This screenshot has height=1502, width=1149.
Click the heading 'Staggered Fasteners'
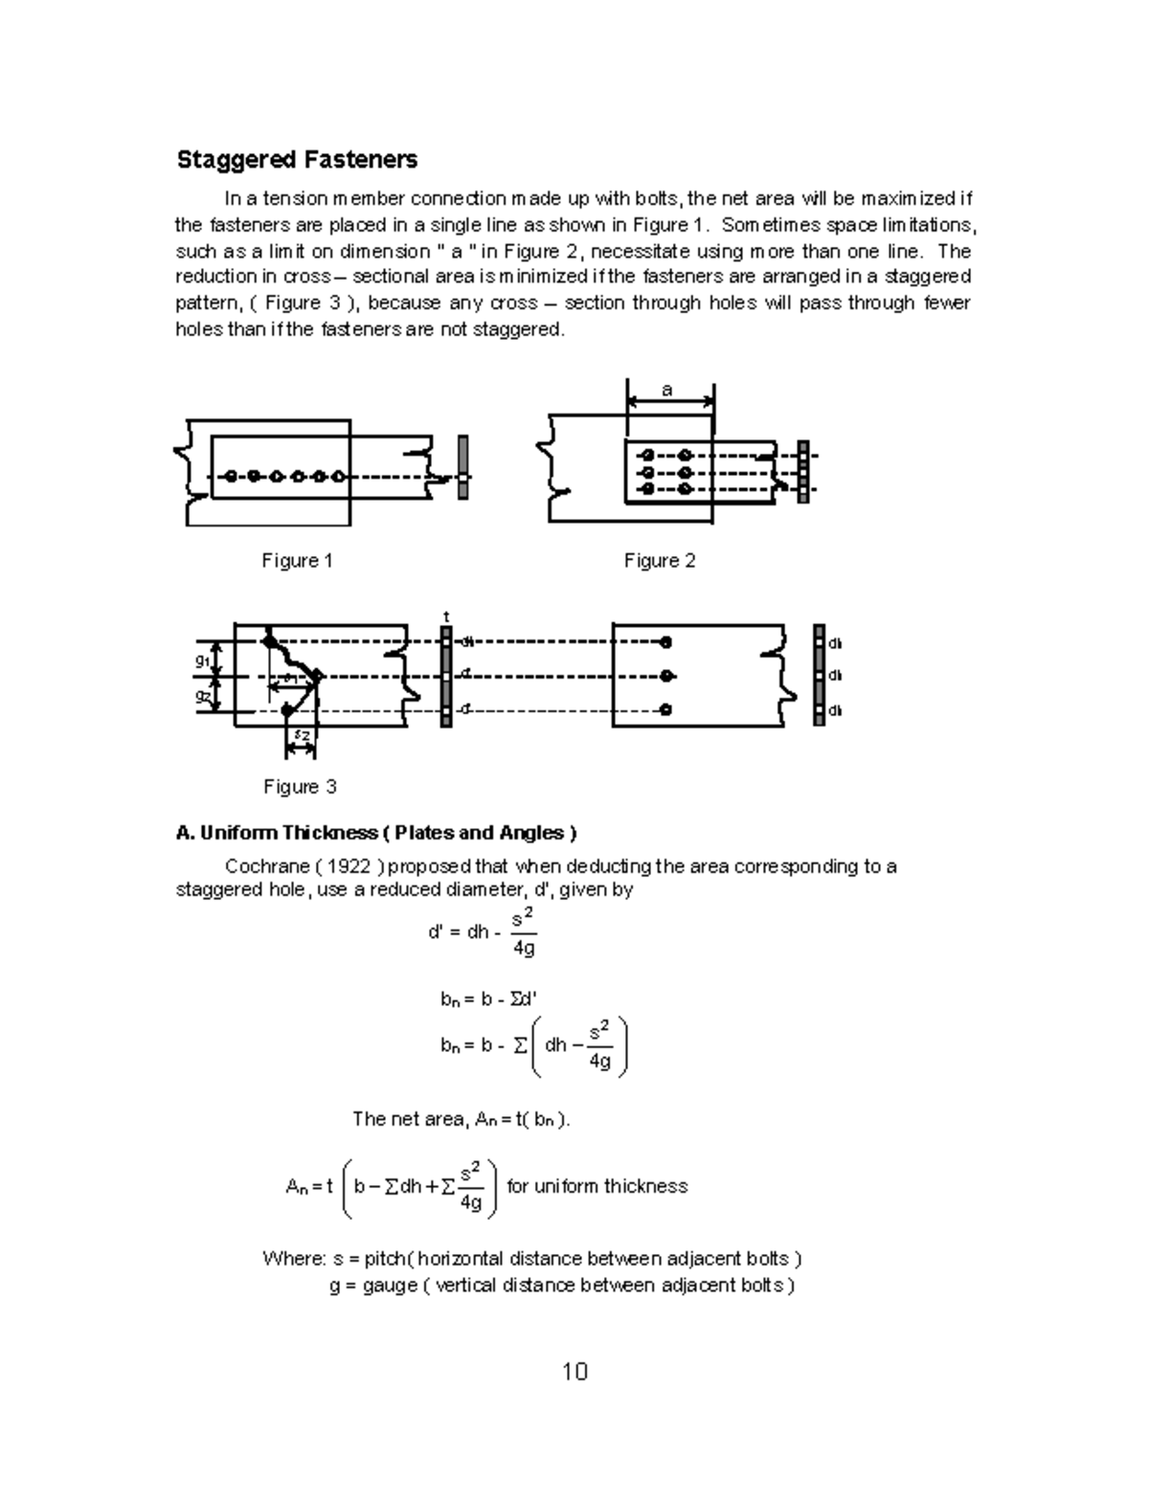coord(297,160)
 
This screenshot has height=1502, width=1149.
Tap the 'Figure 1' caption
coord(297,561)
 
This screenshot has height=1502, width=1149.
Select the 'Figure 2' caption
coord(660,561)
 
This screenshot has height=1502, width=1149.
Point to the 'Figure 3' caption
coord(300,787)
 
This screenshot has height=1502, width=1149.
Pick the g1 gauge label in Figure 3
coord(203,661)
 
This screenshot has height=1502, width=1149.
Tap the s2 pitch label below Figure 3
coord(301,735)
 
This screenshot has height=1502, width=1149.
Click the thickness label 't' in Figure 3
coord(446,617)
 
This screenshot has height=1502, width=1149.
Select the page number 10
coord(574,1372)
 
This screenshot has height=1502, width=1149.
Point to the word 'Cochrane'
coord(264,866)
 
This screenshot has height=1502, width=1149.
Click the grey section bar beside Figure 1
coord(463,466)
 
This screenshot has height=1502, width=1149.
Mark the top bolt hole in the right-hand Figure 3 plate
coord(665,641)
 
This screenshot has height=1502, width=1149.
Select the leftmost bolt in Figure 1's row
coord(230,476)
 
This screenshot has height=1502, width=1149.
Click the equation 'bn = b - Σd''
coord(488,998)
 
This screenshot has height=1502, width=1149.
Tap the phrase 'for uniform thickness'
coord(597,1186)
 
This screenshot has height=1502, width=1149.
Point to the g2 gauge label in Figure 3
coord(203,696)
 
